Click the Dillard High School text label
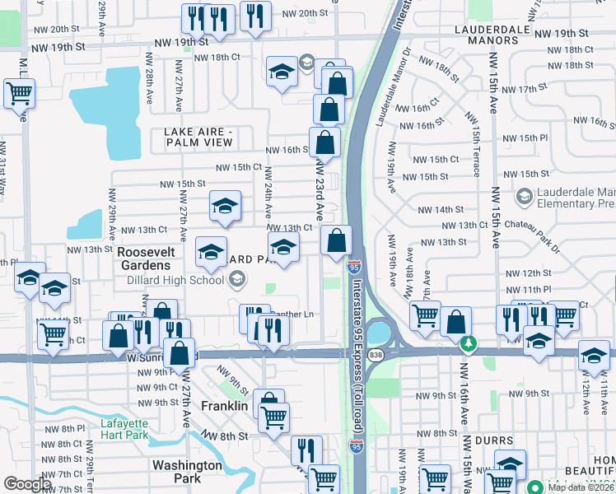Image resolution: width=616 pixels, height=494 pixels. pyautogui.click(x=175, y=280)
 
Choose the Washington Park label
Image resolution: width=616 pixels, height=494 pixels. pyautogui.click(x=188, y=472)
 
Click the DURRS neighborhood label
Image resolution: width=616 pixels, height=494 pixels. pyautogui.click(x=497, y=440)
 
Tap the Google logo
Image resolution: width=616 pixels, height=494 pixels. pyautogui.click(x=28, y=484)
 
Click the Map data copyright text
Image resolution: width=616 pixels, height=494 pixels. pyautogui.click(x=581, y=487)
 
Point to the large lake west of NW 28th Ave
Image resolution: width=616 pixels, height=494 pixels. pyautogui.click(x=107, y=103)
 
